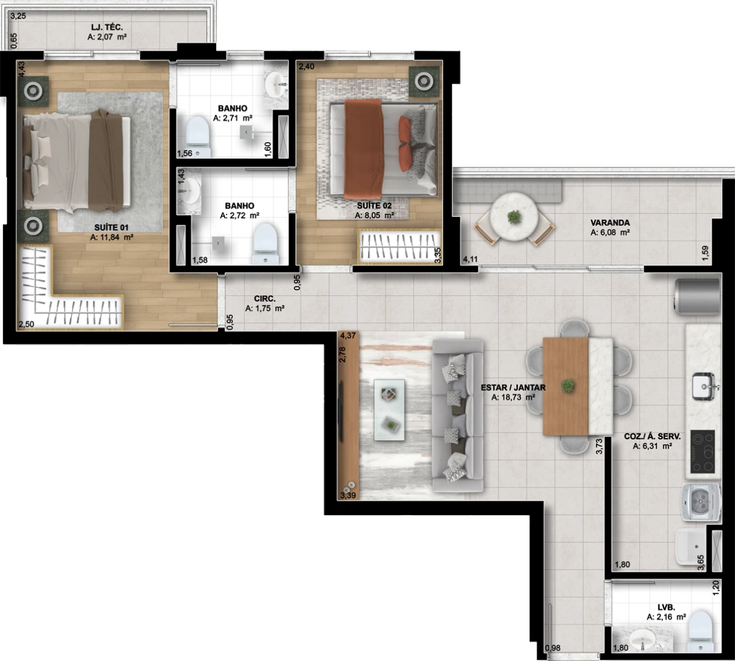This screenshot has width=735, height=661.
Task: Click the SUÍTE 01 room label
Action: pyautogui.click(x=111, y=228)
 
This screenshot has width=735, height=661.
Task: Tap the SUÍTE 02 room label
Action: pyautogui.click(x=374, y=206)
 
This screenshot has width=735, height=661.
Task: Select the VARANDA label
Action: pyautogui.click(x=610, y=222)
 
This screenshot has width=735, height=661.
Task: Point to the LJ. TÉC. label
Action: pyautogui.click(x=107, y=28)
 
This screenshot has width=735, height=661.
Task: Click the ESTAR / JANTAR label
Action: pyautogui.click(x=513, y=388)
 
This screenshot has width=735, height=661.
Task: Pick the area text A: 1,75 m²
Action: pyautogui.click(x=265, y=308)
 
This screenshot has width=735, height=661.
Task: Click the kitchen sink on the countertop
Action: pyautogui.click(x=704, y=387)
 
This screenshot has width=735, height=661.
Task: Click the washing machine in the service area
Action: pyautogui.click(x=701, y=502)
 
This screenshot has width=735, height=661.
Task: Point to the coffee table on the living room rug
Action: pyautogui.click(x=389, y=410)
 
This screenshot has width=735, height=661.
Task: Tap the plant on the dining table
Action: pyautogui.click(x=568, y=386)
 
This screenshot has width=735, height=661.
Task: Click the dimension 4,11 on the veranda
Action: pyautogui.click(x=470, y=260)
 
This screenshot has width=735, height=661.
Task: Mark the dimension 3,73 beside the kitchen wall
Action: pyautogui.click(x=599, y=447)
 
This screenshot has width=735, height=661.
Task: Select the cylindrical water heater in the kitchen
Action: pyautogui.click(x=697, y=297)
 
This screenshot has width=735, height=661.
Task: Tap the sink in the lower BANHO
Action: pyautogui.click(x=189, y=191)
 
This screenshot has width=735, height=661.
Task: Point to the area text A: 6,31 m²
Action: pyautogui.click(x=652, y=446)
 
